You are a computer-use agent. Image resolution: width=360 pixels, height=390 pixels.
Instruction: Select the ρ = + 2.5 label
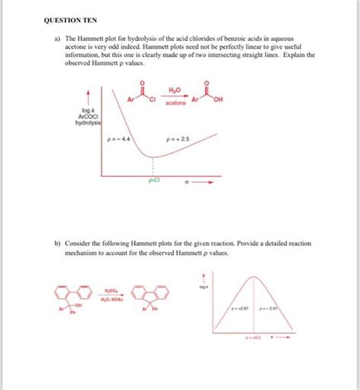pos(177,140)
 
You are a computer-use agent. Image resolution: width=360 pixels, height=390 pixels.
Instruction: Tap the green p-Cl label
pos(154,181)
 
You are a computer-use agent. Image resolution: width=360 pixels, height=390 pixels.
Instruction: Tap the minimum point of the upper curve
pos(154,158)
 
